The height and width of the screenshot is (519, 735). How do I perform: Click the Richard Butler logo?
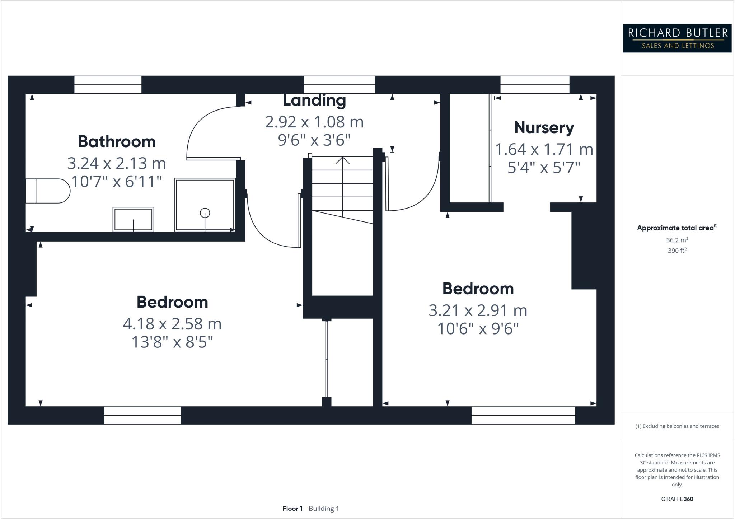click(677, 38)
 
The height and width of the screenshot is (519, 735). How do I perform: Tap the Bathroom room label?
click(117, 141)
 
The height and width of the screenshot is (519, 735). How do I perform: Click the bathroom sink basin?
click(133, 219)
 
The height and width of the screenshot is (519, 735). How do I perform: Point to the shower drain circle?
click(205, 213)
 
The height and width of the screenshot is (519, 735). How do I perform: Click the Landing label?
click(314, 100)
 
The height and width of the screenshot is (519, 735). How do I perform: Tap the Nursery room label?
click(544, 127)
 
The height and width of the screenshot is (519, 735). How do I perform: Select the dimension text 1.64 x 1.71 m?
click(544, 149)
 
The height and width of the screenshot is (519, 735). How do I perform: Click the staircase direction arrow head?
click(342, 160)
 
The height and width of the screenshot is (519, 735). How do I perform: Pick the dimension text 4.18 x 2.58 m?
click(172, 324)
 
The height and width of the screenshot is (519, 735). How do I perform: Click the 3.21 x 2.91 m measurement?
click(478, 310)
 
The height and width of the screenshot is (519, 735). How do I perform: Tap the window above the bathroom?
click(108, 85)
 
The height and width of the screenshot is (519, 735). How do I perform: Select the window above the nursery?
click(535, 85)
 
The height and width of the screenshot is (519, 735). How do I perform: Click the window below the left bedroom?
click(142, 415)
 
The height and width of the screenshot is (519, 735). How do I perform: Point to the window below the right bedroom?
click(523, 415)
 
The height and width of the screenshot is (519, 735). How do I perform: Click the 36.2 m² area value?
click(677, 240)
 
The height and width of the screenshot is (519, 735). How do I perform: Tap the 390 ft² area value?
click(677, 251)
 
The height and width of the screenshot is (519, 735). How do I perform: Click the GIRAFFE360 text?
click(677, 499)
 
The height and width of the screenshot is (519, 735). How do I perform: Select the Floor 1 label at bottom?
click(292, 509)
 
